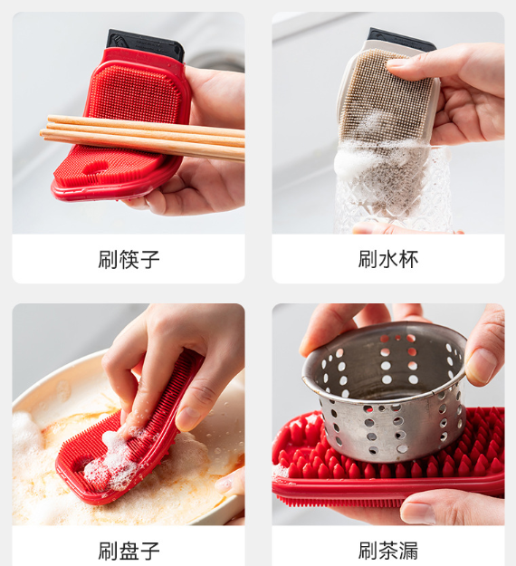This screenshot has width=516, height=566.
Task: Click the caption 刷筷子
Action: (x=129, y=259)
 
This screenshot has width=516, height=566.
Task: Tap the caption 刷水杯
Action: (x=387, y=259)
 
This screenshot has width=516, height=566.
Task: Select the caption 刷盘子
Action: (x=129, y=551)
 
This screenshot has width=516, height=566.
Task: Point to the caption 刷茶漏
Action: (x=387, y=551)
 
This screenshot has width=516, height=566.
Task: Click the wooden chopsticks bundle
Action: (x=142, y=137)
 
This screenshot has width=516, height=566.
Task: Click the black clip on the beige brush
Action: (x=401, y=39)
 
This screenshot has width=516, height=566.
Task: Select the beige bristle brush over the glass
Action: (x=387, y=120)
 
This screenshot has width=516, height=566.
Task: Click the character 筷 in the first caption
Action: (x=129, y=259)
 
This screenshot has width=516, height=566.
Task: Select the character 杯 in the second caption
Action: (x=409, y=259)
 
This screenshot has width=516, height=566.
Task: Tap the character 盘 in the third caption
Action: (x=129, y=551)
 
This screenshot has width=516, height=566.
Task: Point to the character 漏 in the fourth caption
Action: (x=409, y=551)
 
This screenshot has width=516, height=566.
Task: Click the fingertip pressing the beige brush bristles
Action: (x=397, y=63)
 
